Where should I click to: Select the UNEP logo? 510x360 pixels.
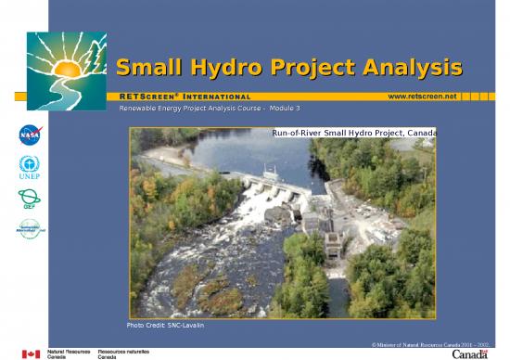point(30,168)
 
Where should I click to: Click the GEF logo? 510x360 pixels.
point(30,199)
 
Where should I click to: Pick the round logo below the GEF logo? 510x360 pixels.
point(30,229)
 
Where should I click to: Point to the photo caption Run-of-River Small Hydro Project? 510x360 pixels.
point(353,134)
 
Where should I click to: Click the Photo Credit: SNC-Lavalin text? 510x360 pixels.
point(165,324)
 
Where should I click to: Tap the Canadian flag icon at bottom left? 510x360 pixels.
point(31,354)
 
